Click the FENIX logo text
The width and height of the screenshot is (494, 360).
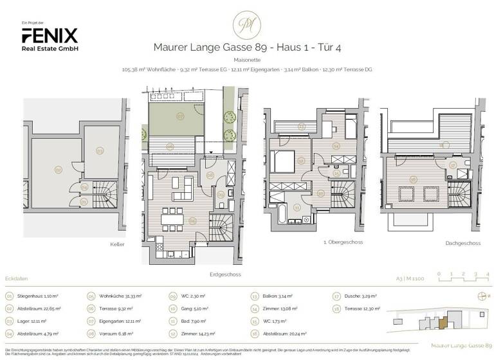tap(50, 35)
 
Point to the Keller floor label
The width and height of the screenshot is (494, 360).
tap(116, 244)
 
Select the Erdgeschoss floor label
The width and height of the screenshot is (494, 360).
tap(225, 274)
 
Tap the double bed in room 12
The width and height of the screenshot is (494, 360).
tap(282, 160)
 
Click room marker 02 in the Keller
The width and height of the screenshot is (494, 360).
tap(58, 170)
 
